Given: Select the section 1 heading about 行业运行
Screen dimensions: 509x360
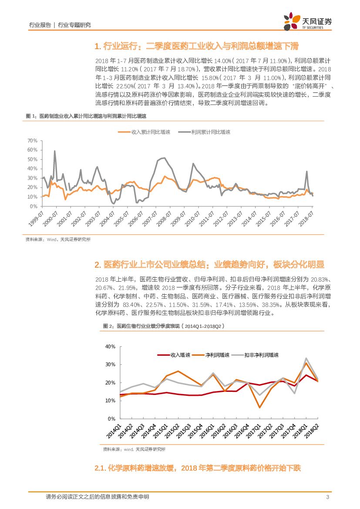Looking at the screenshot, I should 196,47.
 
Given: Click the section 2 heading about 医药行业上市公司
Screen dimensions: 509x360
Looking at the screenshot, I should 209,265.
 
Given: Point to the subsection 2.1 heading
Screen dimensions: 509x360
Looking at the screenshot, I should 198,469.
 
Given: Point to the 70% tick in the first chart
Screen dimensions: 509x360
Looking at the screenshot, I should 33,141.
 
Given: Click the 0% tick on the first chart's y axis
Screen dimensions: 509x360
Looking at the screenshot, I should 34,206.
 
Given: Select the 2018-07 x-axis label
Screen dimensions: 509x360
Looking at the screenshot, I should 306,218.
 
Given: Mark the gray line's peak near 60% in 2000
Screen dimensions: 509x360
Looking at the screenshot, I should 54,151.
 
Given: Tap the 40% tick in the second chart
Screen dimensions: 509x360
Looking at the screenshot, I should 110,347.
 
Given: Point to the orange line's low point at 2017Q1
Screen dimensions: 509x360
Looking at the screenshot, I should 259,408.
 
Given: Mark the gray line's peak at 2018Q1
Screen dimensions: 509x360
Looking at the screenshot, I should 306,358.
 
